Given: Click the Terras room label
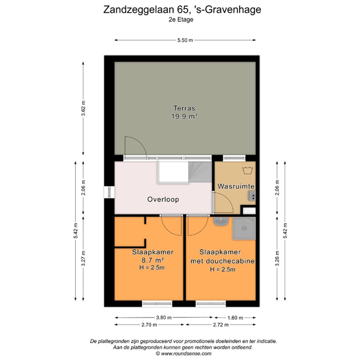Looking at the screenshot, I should point(184,108).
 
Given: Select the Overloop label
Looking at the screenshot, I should point(163,199).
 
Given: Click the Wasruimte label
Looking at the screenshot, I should point(236,186).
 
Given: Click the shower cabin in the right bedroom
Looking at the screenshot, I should point(244,229).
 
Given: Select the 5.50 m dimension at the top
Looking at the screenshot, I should point(185,40).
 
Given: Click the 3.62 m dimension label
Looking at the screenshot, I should point(83,108).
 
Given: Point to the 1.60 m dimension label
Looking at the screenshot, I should point(235,318).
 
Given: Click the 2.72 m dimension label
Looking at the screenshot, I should point(221,325).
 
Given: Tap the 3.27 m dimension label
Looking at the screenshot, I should point(83,258).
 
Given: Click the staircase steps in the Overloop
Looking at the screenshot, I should point(200,172).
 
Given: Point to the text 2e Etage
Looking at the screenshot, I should point(181,19).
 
